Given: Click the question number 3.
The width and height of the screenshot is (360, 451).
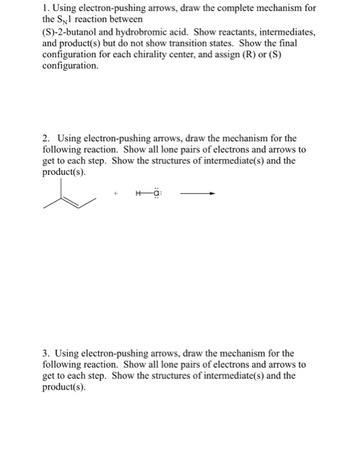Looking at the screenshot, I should click(46, 353).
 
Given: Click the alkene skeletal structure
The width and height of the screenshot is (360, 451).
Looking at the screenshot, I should click(69, 197).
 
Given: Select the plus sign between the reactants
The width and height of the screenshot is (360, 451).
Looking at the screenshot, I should click(116, 194).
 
